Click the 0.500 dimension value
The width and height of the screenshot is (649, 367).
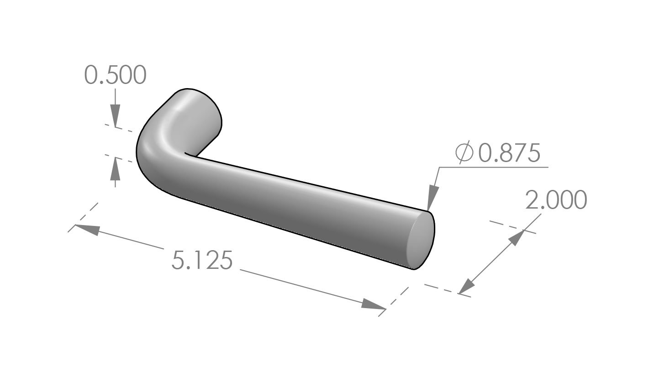(x=116, y=75)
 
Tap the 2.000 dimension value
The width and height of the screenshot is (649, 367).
(x=556, y=200)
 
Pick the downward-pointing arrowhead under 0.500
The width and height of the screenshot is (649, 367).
(x=115, y=114)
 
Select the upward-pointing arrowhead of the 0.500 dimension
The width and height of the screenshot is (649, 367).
(x=115, y=167)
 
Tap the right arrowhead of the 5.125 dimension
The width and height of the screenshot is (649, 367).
(x=373, y=304)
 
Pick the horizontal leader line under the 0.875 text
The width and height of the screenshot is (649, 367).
(x=493, y=168)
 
